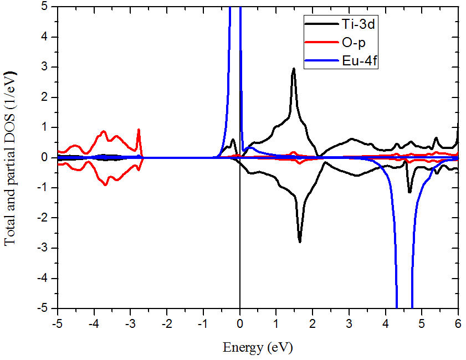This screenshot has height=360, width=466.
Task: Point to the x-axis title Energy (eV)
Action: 258,347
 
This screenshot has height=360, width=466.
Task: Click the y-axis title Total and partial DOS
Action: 10,158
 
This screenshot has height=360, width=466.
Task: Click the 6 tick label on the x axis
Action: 458,321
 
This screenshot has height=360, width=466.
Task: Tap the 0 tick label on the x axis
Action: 240,321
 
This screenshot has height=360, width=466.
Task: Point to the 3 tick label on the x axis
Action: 349,321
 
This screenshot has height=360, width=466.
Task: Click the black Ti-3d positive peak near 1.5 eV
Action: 294,69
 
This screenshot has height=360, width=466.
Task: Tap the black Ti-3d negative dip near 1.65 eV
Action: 300,241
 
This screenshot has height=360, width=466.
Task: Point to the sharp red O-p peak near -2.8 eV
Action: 139,130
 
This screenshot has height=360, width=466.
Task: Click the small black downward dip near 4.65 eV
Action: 409,192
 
